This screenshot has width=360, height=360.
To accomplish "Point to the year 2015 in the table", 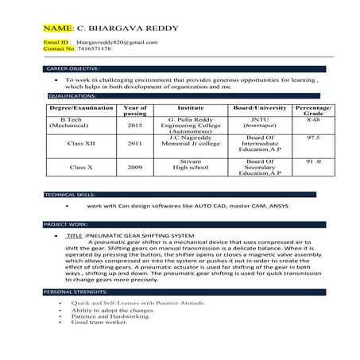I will [135, 126].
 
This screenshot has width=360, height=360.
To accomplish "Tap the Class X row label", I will [83, 168].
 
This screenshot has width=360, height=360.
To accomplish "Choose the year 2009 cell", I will [135, 168].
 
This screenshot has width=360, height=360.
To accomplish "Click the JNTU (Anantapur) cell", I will [255, 122].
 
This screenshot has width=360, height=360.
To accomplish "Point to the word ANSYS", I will [277, 206].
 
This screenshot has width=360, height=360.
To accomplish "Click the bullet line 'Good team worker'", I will [99, 323].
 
